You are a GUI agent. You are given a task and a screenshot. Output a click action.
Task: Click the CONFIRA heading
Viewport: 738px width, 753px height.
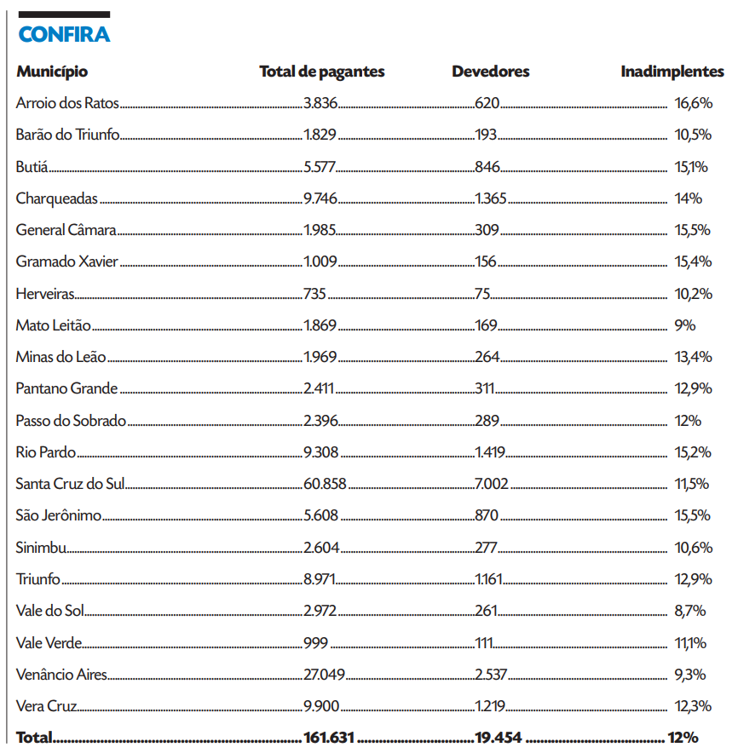(x=64, y=35)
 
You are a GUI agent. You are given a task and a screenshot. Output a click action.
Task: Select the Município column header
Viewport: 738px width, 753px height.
(x=51, y=72)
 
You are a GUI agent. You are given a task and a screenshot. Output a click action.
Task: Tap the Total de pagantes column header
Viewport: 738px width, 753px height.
(x=321, y=72)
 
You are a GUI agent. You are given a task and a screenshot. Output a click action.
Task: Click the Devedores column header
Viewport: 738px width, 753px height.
(x=490, y=72)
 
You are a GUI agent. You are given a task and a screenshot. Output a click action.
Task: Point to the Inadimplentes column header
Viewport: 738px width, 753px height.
(x=672, y=72)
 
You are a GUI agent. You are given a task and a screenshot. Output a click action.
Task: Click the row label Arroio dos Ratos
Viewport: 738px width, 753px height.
(x=67, y=104)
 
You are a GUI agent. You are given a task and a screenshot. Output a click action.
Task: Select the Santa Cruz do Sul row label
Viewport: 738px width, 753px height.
(x=71, y=484)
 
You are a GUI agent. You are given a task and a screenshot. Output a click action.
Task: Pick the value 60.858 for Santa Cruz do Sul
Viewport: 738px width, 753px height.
(x=325, y=484)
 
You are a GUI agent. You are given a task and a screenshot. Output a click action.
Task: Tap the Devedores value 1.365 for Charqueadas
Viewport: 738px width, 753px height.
(x=491, y=199)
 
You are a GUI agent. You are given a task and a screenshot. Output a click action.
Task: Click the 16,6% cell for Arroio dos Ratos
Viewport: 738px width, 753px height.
(x=693, y=104)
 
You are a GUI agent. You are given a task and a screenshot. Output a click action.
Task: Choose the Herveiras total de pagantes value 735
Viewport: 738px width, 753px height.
(x=315, y=294)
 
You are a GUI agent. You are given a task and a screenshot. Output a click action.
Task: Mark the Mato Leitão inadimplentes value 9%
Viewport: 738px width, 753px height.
(x=685, y=325)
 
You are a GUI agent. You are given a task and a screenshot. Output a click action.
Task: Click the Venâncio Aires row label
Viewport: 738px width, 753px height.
(x=61, y=674)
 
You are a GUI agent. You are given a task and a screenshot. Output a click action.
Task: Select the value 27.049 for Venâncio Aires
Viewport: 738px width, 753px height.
(x=324, y=674)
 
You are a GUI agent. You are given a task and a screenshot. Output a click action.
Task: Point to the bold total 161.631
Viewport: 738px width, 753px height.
(x=328, y=738)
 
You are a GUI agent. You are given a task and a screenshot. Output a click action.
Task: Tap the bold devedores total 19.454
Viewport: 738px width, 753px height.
(x=498, y=738)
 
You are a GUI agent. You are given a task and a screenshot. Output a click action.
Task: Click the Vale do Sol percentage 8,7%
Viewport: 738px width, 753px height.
(x=690, y=611)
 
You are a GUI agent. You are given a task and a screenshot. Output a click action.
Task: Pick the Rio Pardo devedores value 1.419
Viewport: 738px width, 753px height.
(x=490, y=452)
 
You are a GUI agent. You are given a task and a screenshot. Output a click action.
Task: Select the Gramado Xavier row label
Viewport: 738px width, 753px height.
(x=66, y=262)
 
